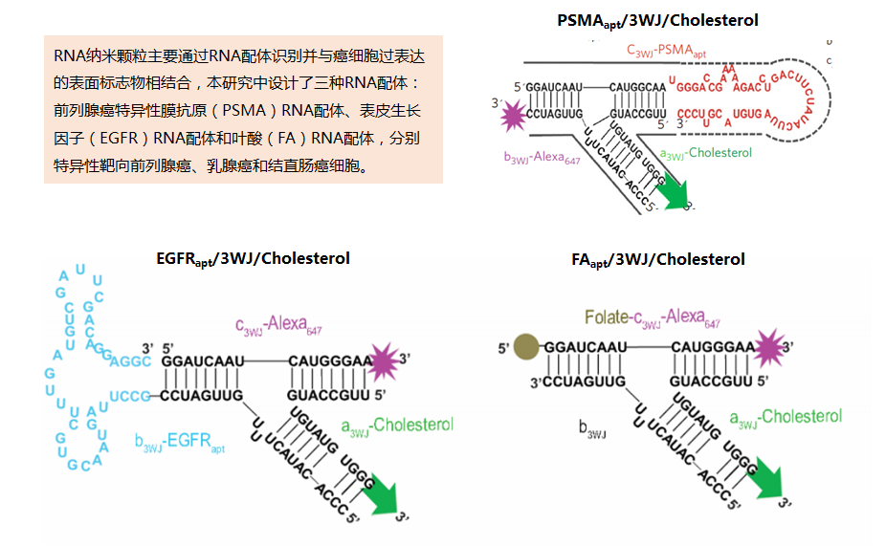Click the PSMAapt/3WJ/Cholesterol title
coord(657,20)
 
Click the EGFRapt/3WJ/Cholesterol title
coord(253,258)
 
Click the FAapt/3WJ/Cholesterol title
coord(657,259)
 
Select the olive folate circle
coord(524,348)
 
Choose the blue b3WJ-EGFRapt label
coord(179,443)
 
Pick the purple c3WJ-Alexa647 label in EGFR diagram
coord(278,327)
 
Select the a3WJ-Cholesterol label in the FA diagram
coord(786,417)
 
